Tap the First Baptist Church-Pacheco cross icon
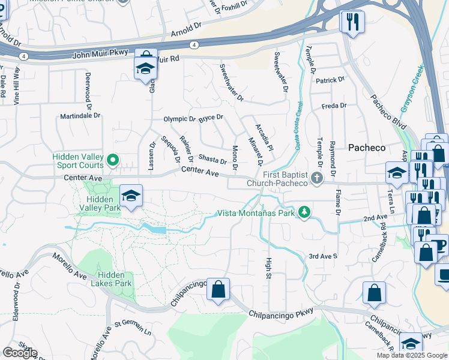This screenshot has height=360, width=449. click(x=318, y=178)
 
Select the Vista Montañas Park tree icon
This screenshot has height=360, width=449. click(x=305, y=212)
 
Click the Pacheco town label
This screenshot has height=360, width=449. click(x=367, y=148)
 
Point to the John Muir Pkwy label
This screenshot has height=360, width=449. click(x=100, y=54)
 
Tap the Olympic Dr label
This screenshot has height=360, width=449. click(x=179, y=119)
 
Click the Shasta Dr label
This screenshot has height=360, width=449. click(x=212, y=159)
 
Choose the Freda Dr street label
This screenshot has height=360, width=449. click(x=334, y=106)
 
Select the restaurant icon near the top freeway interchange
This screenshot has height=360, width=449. click(x=352, y=22)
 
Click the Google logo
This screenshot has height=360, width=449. click(x=20, y=353)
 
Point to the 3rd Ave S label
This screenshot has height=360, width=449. click(x=323, y=256)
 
